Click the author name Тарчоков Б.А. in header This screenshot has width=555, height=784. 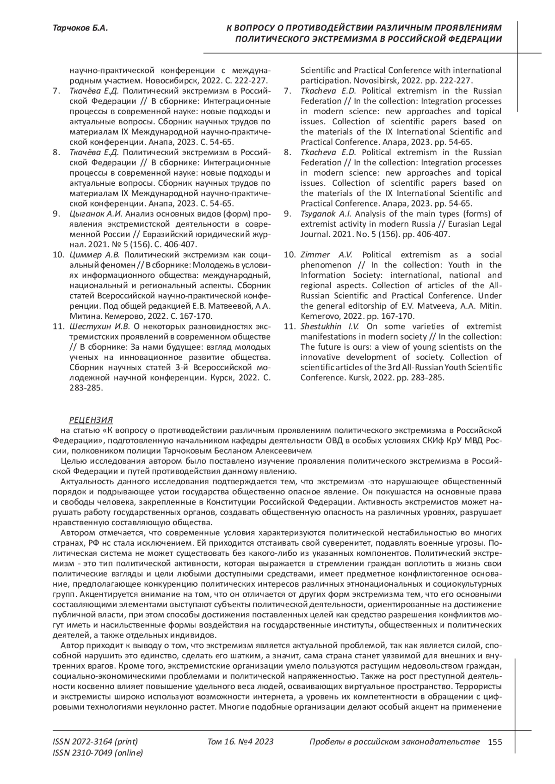[81, 29]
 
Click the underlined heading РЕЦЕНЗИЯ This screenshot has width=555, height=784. [91, 420]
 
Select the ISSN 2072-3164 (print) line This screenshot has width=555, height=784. [95, 742]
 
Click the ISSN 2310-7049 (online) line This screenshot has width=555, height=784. [98, 753]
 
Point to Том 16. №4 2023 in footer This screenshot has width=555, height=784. [240, 742]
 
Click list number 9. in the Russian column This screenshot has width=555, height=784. [56, 214]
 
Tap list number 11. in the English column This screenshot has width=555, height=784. [289, 326]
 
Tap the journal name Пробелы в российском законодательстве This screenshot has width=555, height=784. [394, 742]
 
